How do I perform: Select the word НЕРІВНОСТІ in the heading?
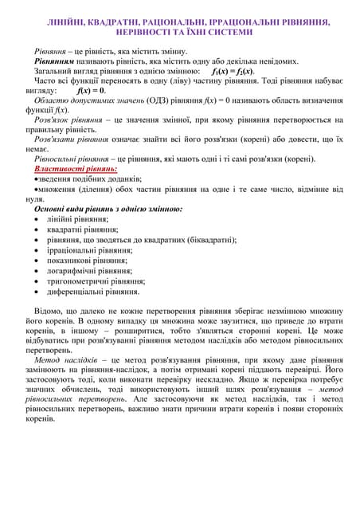pos(142,33)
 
